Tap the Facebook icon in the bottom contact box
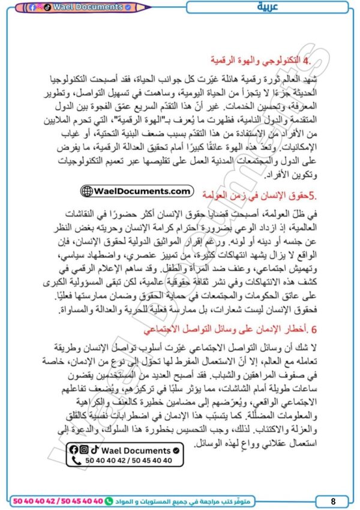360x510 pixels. tap(74, 449)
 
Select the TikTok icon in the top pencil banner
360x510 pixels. tap(47, 7)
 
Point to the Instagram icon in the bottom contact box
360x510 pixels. tap(84, 449)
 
